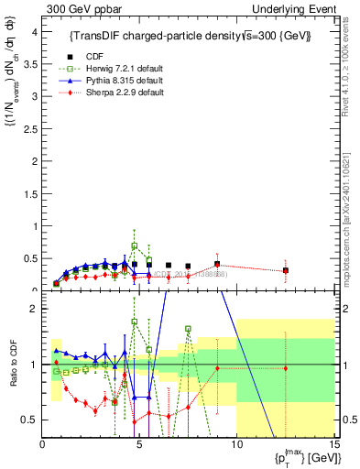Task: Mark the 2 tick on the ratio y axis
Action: (x=36, y=309)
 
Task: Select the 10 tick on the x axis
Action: (x=236, y=444)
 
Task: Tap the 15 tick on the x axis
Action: (x=333, y=444)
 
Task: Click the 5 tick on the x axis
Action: (x=139, y=444)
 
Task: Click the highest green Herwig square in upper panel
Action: (x=135, y=245)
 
